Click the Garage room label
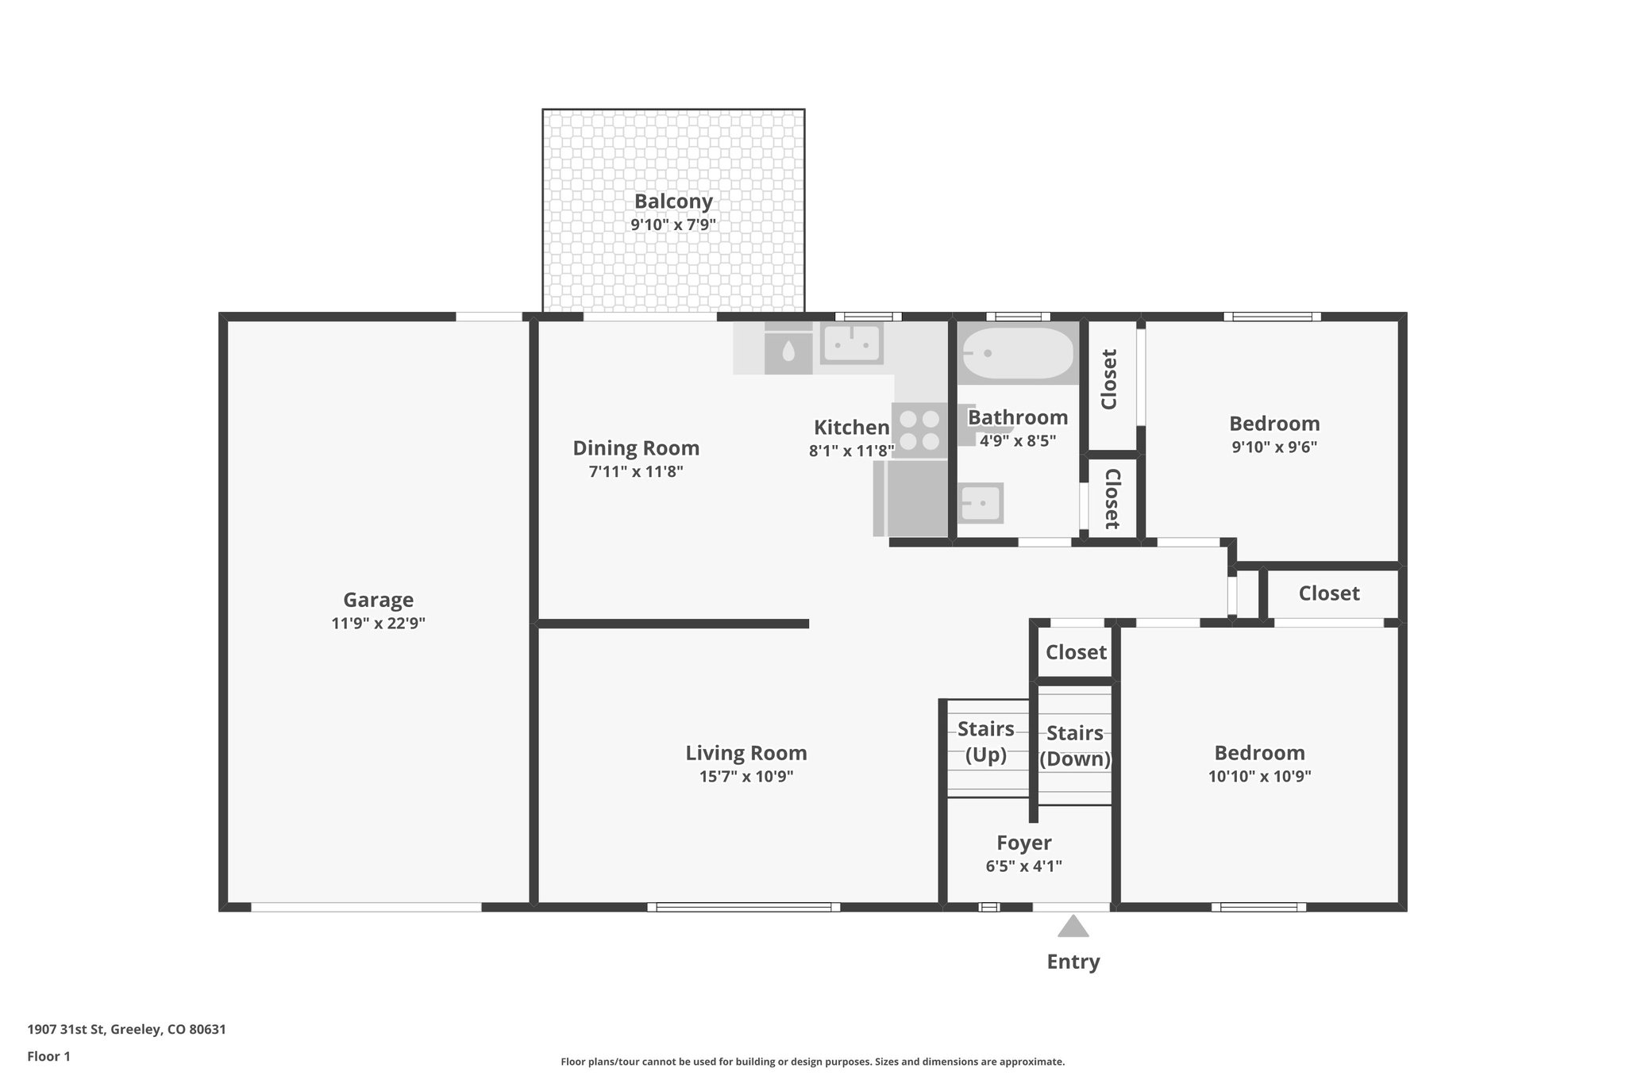pos(378,600)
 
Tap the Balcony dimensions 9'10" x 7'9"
pos(673,225)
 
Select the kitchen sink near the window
pos(851,344)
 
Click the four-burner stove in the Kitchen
pos(919,430)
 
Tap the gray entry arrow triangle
pos(1073,927)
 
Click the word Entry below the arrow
pos(1073,962)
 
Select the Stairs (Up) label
pos(985,741)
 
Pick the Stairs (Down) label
pos(1074,746)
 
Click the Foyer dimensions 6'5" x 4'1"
pos(1023,866)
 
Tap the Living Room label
pos(746,753)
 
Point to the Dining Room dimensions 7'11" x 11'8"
pos(635,472)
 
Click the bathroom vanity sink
pos(981,503)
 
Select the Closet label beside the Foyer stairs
pos(1075,652)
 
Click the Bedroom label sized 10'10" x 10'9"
pos(1258,753)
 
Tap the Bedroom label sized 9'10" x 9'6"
pos(1273,424)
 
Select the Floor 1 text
pos(49,1056)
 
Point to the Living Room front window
pos(743,907)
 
